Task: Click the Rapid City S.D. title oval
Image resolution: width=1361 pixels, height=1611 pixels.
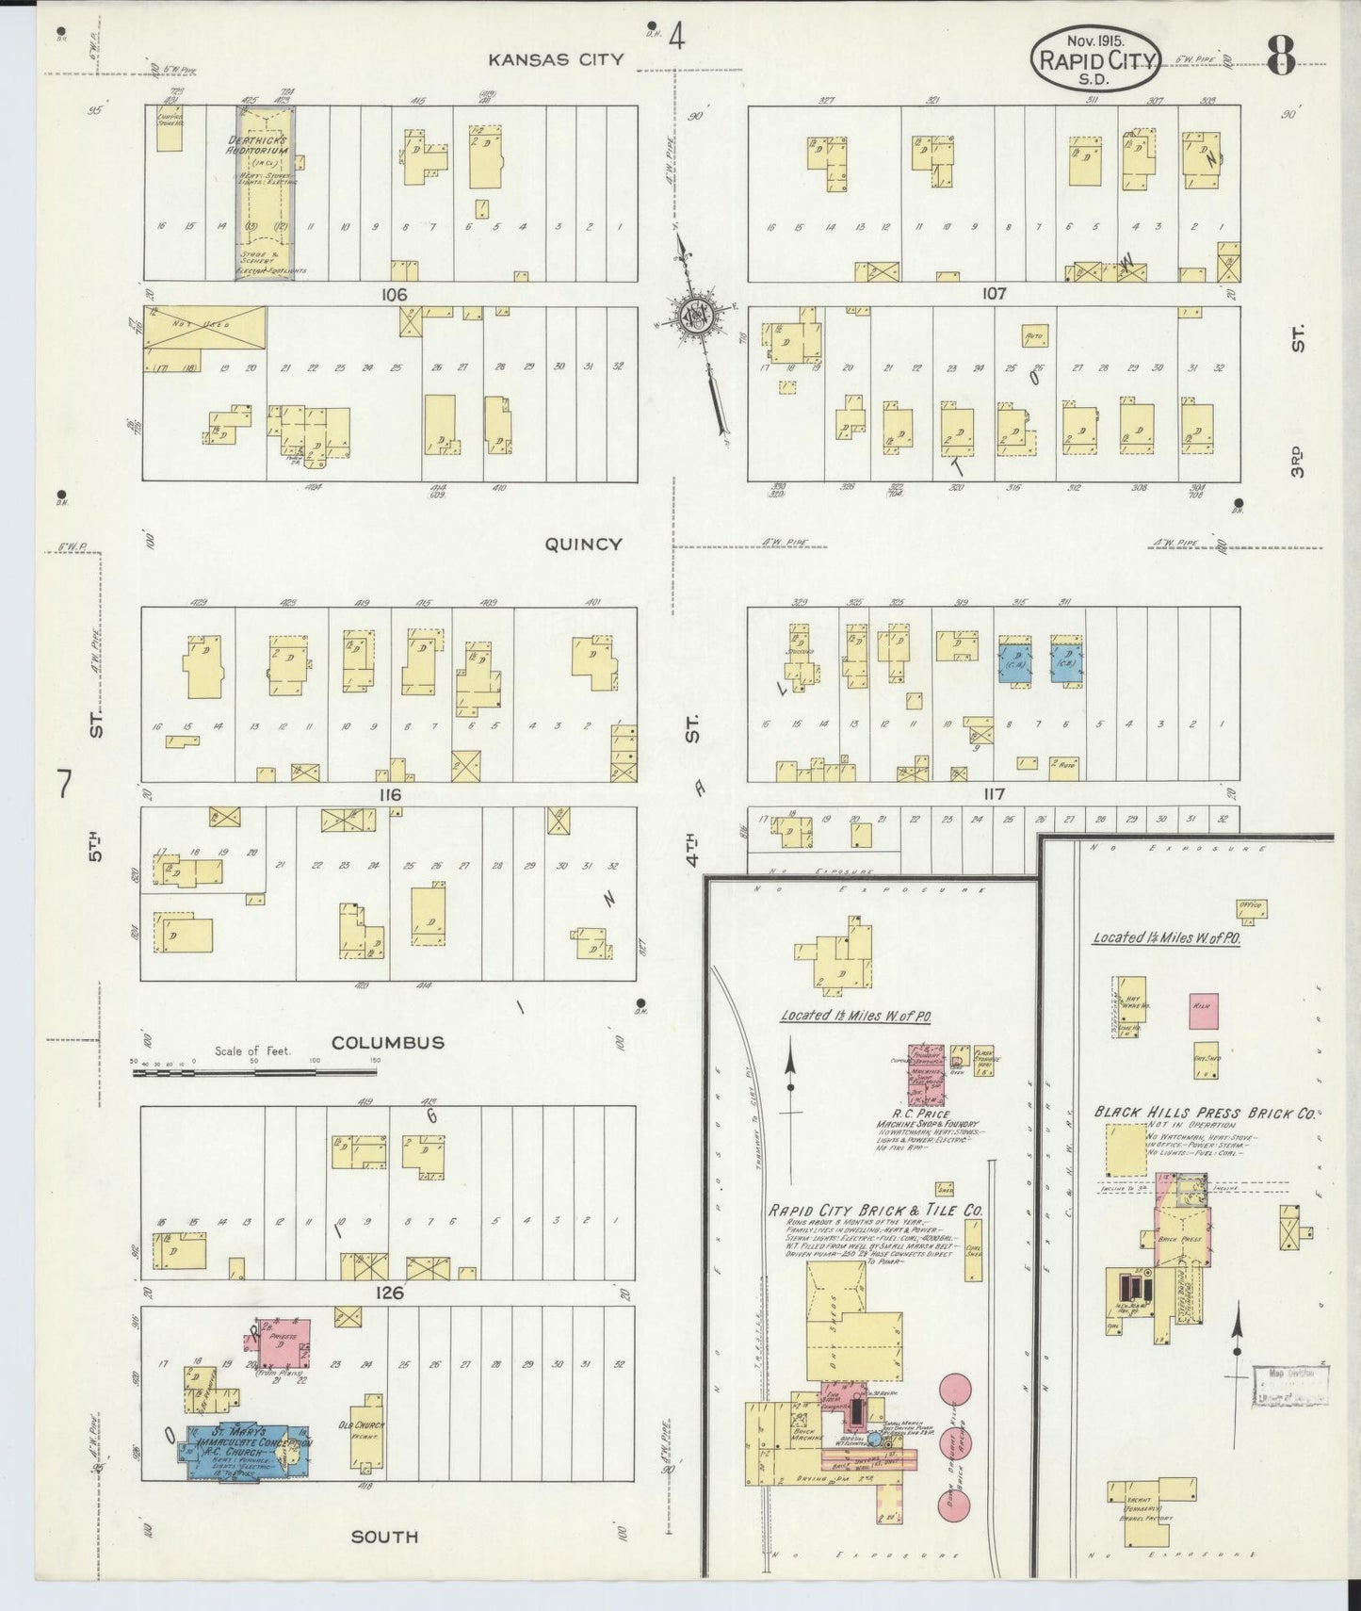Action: coord(1095,58)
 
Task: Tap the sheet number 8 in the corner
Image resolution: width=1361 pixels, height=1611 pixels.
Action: coord(1280,58)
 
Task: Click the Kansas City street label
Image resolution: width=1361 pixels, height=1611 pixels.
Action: coord(556,59)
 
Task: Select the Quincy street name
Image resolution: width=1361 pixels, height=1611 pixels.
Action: coord(582,544)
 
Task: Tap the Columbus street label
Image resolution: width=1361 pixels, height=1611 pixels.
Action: coord(387,1042)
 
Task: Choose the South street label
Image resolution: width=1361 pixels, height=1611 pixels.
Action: coord(384,1537)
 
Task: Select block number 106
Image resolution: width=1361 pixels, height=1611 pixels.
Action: coord(394,295)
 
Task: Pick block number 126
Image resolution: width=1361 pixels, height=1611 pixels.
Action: coord(389,1293)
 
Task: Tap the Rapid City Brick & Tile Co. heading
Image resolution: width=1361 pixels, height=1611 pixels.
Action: coord(876,1211)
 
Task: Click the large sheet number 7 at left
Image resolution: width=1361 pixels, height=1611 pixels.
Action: coord(64,784)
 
